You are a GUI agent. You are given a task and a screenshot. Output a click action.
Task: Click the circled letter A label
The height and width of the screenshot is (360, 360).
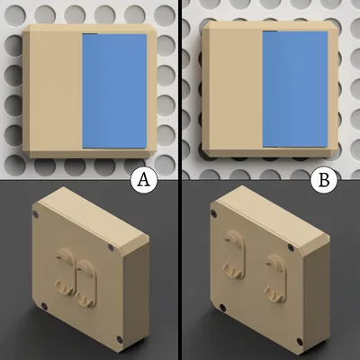141,180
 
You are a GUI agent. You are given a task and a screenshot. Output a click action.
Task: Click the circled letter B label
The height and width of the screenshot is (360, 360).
321,180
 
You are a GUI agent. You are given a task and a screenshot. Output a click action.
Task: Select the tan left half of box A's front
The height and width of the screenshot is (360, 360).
54,90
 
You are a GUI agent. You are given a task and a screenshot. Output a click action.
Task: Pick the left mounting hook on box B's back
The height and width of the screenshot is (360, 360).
233,256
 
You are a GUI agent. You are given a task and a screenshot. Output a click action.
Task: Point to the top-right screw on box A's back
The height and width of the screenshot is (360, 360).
111,246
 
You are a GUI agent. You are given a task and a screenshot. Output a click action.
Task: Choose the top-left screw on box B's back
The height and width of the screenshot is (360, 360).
215,214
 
